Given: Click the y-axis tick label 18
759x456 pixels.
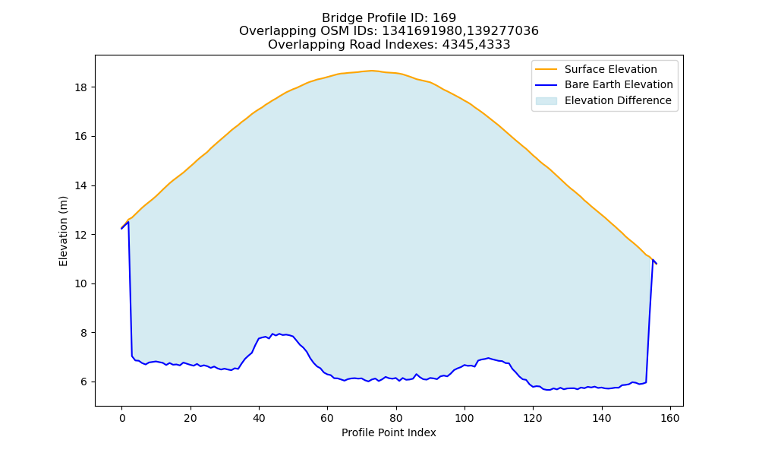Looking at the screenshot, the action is click(x=81, y=87).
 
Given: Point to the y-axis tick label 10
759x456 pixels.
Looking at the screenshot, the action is click(x=81, y=284).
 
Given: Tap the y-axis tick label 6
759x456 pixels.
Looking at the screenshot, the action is click(x=83, y=382).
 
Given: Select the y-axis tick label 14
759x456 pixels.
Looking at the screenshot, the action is click(x=81, y=185).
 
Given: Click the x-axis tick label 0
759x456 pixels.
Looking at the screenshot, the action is click(x=122, y=418).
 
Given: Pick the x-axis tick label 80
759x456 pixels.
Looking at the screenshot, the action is click(x=396, y=418).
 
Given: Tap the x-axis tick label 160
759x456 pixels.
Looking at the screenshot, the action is click(x=670, y=418).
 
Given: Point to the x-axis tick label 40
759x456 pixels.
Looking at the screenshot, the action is click(x=259, y=418).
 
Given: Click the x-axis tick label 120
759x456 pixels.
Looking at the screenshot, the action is click(x=533, y=418).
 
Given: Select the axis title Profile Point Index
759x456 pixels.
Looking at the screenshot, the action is click(x=389, y=432).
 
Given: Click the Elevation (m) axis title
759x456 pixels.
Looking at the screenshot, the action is click(x=64, y=231).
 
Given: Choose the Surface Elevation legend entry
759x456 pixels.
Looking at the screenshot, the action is click(x=610, y=69).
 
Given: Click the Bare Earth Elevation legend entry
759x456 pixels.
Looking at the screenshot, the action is click(x=619, y=85).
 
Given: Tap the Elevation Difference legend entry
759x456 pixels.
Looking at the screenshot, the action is click(x=618, y=100).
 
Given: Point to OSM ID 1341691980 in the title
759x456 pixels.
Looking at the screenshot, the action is click(x=421, y=31).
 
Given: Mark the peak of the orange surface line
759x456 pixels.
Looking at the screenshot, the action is click(x=371, y=71).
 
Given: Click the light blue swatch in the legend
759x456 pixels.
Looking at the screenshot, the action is click(x=546, y=101).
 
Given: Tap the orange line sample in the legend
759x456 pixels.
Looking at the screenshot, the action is click(x=546, y=69).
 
